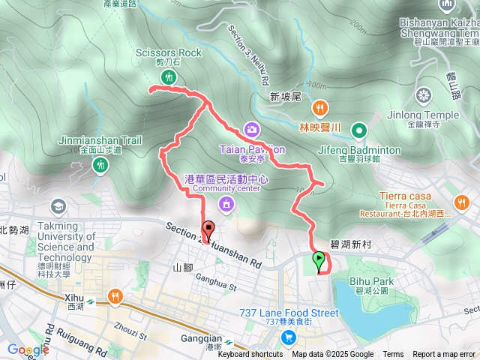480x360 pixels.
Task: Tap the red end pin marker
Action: click(x=208, y=230)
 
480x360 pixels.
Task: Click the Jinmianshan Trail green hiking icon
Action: click(x=100, y=163)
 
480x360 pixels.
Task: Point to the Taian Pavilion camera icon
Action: click(x=250, y=129)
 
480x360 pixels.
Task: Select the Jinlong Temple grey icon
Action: click(x=424, y=95)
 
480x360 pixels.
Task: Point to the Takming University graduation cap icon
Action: click(x=58, y=205)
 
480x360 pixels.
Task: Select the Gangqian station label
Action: click(x=202, y=338)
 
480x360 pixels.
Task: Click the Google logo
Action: click(x=28, y=349)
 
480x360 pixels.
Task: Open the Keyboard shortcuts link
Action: click(x=250, y=355)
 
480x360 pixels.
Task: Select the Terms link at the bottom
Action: click(x=393, y=355)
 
